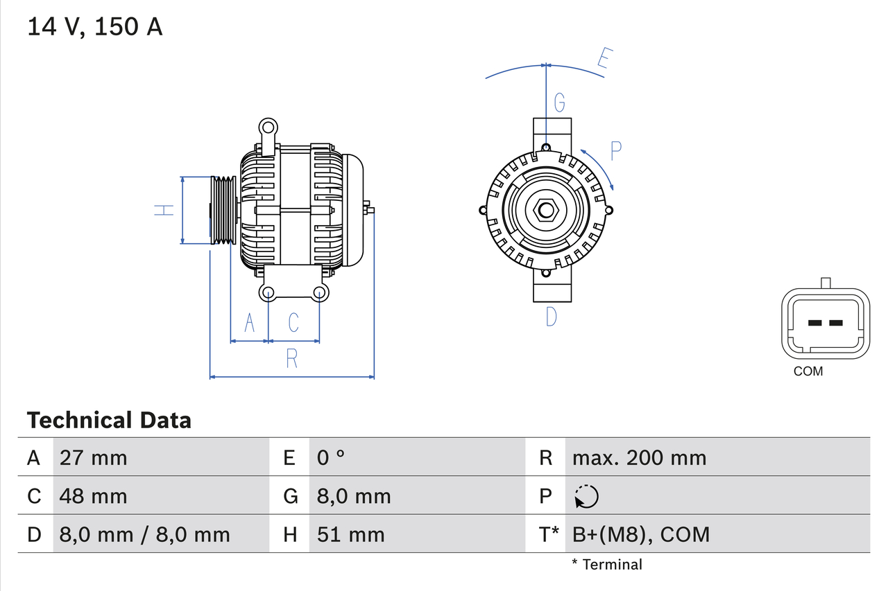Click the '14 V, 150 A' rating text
pyautogui.click(x=95, y=27)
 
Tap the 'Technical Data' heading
pyautogui.click(x=109, y=420)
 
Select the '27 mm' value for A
pyautogui.click(x=94, y=457)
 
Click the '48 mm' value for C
pyautogui.click(x=94, y=496)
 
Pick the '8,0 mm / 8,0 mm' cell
pyautogui.click(x=144, y=534)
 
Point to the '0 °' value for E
pyautogui.click(x=331, y=457)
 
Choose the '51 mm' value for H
pyautogui.click(x=350, y=534)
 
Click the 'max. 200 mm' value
pyautogui.click(x=639, y=457)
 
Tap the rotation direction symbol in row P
pyautogui.click(x=586, y=496)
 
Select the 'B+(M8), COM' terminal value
pyautogui.click(x=641, y=534)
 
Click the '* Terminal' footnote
pyautogui.click(x=607, y=565)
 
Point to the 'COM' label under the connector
pyautogui.click(x=808, y=371)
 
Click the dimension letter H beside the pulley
pyautogui.click(x=164, y=209)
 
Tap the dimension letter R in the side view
pyautogui.click(x=292, y=358)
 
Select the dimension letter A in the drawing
pyautogui.click(x=250, y=322)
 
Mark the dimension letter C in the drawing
pyautogui.click(x=293, y=322)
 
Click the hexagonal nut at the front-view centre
pyautogui.click(x=546, y=210)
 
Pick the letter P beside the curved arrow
pyautogui.click(x=615, y=150)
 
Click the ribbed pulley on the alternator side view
pyautogui.click(x=223, y=210)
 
